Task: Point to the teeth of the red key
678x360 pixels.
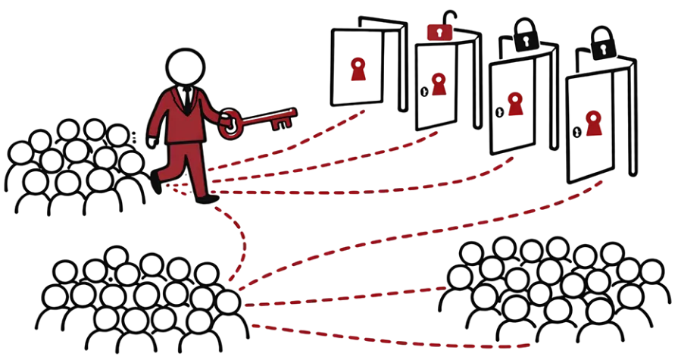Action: coord(285,117)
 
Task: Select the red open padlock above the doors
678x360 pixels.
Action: coord(439,32)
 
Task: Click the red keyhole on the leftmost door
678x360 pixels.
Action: coord(358,70)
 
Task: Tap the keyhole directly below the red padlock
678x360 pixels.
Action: coord(438,83)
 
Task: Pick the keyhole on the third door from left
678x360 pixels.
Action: coord(516,105)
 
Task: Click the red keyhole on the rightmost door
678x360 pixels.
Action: coord(594,123)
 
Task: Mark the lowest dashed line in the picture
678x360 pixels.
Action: coord(394,338)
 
